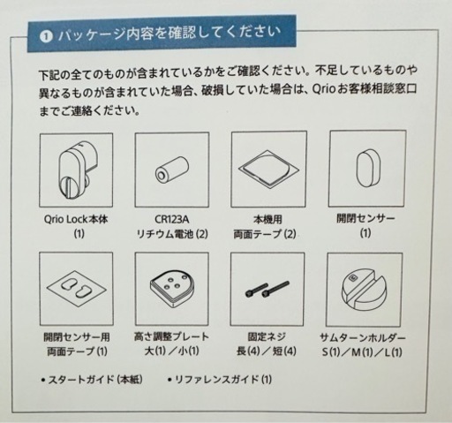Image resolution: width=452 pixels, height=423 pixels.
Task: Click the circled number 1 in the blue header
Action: [x=46, y=36]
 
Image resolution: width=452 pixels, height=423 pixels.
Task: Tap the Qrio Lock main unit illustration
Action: [x=77, y=170]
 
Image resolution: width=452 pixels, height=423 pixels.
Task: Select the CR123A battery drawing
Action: [x=172, y=170]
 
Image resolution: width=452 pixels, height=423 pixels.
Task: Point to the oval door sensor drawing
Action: [x=367, y=168]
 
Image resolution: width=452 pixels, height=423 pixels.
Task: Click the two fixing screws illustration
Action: [x=267, y=290]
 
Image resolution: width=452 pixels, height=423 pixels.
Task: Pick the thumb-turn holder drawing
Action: [x=365, y=291]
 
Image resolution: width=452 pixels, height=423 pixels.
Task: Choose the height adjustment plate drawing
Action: [x=172, y=289]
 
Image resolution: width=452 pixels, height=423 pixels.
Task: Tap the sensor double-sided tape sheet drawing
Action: [x=77, y=288]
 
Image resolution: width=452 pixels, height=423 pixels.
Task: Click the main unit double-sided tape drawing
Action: [x=268, y=170]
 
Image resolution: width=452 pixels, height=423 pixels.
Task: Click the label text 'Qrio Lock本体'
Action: [x=76, y=219]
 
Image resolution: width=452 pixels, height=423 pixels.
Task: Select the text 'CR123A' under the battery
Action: [x=172, y=219]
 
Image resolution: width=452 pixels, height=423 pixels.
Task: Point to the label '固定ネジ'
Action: [x=267, y=336]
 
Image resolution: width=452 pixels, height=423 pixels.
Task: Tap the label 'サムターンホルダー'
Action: [x=363, y=337]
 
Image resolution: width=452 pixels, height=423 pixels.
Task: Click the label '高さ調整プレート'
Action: [x=171, y=336]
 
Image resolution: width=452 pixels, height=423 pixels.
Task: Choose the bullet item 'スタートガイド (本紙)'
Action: [x=92, y=380]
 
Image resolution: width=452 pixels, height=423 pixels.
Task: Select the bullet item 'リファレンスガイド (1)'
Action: [x=220, y=380]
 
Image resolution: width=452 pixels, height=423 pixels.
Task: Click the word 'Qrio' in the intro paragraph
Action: [x=324, y=89]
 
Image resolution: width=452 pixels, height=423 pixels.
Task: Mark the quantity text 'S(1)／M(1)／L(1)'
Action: [x=362, y=352]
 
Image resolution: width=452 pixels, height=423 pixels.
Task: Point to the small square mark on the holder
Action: [x=352, y=277]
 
